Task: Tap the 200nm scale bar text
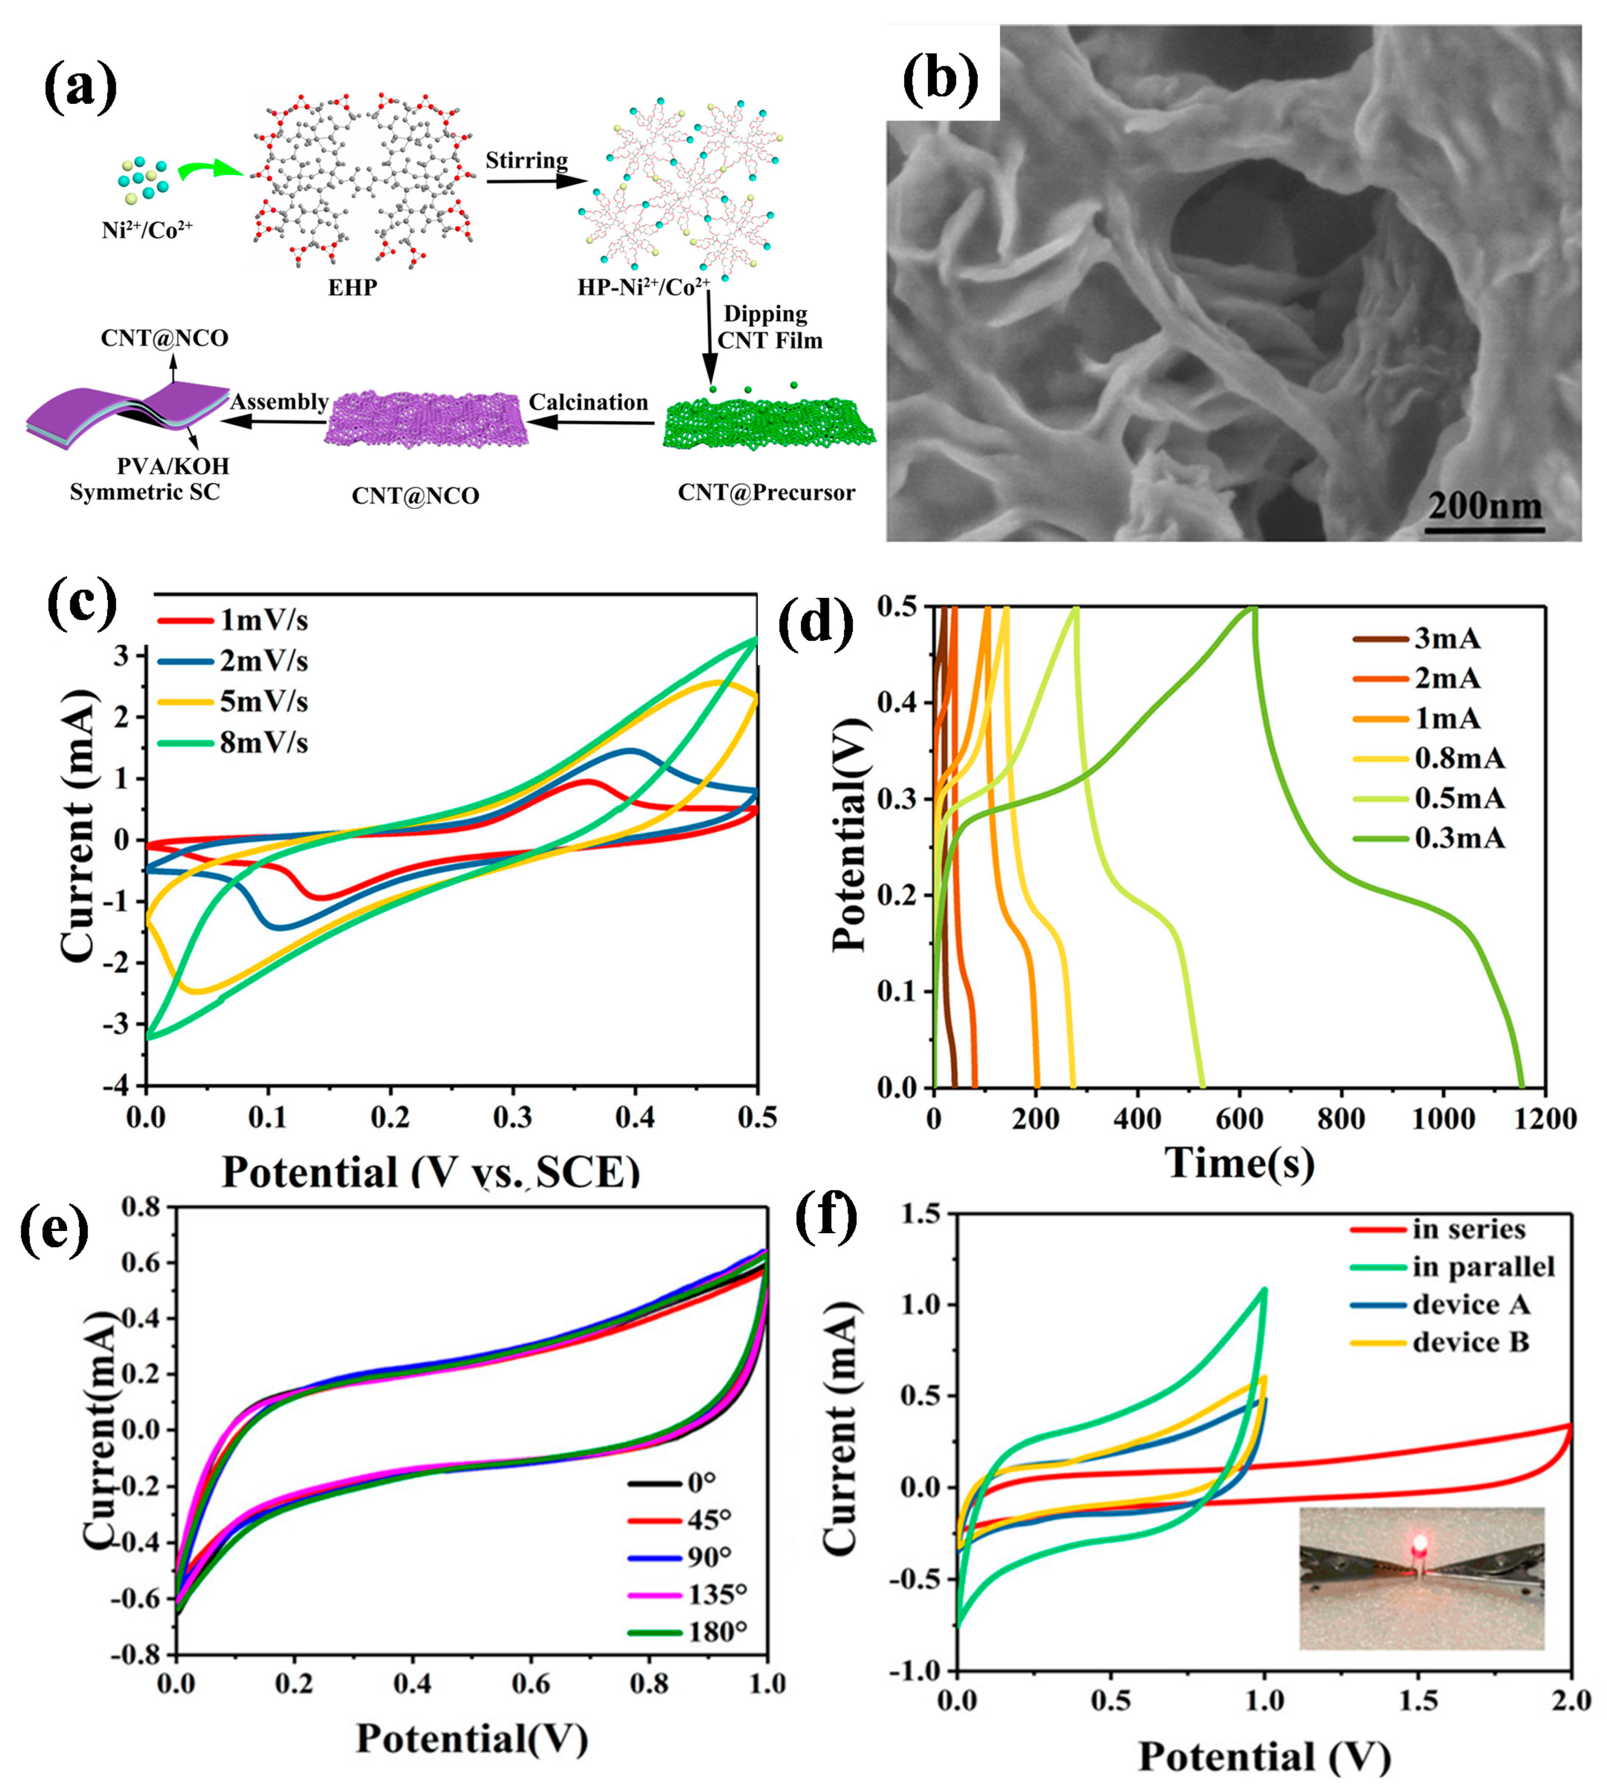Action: coord(1485,507)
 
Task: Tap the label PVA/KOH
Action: coord(173,465)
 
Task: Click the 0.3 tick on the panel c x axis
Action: coord(512,1118)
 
